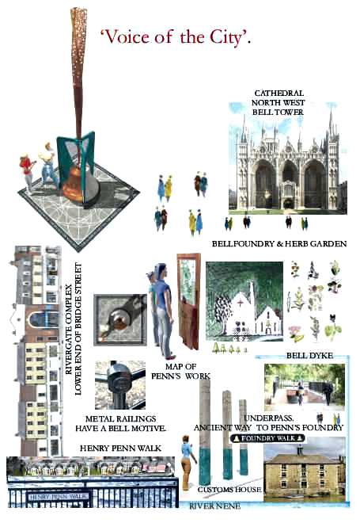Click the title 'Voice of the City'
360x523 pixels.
point(176,37)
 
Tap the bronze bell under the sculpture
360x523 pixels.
point(75,184)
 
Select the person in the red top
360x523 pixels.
point(27,173)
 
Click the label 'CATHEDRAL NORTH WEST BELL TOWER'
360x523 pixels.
point(278,102)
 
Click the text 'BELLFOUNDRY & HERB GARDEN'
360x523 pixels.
point(279,244)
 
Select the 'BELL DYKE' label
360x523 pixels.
point(309,356)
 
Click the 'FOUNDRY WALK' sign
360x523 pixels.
point(267,438)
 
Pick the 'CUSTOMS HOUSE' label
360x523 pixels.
point(229,489)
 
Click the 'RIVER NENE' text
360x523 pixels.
point(214,506)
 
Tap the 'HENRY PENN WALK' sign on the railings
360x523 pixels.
point(59,497)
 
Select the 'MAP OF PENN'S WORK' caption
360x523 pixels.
point(181,371)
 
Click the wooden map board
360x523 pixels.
point(188,301)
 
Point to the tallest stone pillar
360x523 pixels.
point(204,431)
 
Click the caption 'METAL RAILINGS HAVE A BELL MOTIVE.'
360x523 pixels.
point(120,424)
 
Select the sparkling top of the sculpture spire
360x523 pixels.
point(78,40)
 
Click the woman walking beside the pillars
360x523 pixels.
point(188,462)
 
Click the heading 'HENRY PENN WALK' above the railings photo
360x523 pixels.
point(120,449)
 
